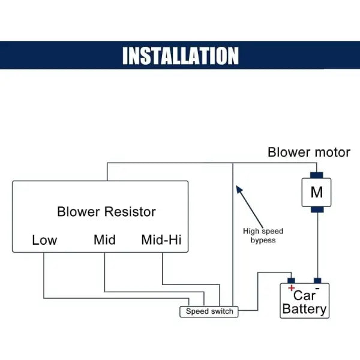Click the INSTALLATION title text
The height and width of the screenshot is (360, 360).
point(180,55)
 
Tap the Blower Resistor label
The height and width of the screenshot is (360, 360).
point(106,212)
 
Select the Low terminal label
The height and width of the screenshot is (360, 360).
point(44,241)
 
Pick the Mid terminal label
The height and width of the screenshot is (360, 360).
point(104,241)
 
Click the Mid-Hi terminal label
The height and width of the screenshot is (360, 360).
point(161,241)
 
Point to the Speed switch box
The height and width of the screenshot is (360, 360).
point(209,311)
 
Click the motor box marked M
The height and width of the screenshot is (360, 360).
point(316,193)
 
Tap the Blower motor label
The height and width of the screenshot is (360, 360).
point(308,152)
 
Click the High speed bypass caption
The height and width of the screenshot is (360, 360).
point(263,235)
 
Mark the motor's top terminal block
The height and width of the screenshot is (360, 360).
point(316,175)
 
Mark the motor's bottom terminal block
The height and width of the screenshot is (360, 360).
point(316,210)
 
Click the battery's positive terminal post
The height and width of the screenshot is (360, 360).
point(291,280)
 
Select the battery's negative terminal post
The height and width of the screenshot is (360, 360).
point(317,280)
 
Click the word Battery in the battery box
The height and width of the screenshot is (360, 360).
point(305,310)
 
